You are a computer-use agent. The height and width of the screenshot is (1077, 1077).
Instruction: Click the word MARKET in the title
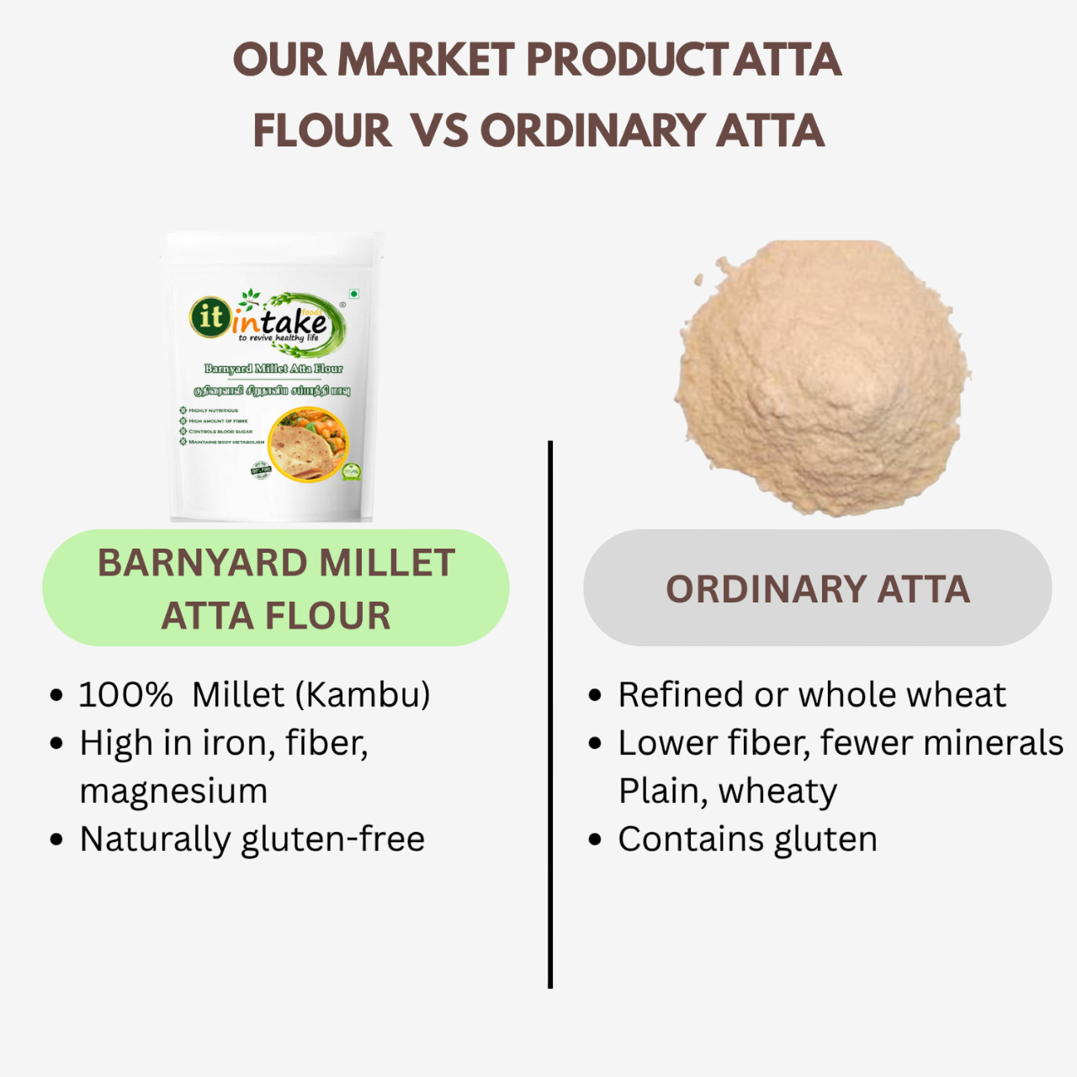click(426, 61)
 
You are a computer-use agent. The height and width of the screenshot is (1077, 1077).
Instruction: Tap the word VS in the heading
click(440, 131)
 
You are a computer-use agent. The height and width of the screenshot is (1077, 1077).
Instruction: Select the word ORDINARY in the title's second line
click(592, 131)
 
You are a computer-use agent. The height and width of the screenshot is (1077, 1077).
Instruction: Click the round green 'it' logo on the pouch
click(210, 317)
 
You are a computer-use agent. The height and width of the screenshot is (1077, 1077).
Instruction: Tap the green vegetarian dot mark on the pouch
click(354, 294)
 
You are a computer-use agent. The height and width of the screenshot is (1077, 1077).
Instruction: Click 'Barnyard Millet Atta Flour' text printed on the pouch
click(273, 369)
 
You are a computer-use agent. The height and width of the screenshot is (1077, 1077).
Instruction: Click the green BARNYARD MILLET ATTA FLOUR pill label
click(276, 588)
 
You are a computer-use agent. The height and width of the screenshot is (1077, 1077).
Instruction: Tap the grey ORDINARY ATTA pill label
click(817, 588)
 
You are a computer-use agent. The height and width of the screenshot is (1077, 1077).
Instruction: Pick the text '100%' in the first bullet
click(125, 695)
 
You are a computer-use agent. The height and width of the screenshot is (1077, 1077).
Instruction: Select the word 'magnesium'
click(173, 791)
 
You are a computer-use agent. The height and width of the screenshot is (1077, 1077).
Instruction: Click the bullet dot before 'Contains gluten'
click(596, 840)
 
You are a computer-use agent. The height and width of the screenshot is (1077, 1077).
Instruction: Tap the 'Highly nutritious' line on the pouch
click(213, 411)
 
